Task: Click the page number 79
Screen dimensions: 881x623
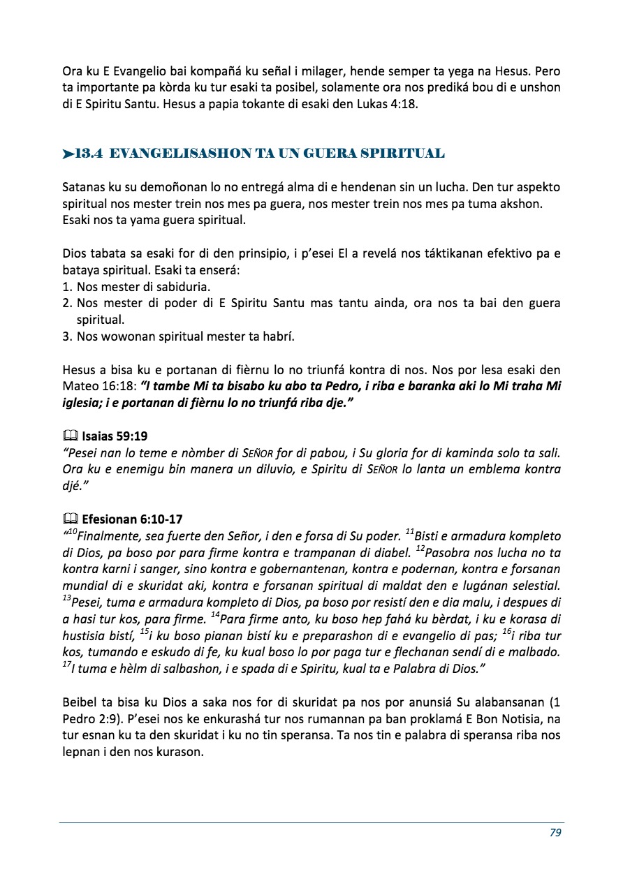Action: point(555,832)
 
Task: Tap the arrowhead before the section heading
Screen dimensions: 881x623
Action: point(68,154)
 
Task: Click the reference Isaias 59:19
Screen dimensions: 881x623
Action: point(114,436)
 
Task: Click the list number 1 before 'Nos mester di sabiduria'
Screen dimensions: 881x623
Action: point(67,287)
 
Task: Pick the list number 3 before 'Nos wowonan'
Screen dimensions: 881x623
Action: point(67,336)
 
